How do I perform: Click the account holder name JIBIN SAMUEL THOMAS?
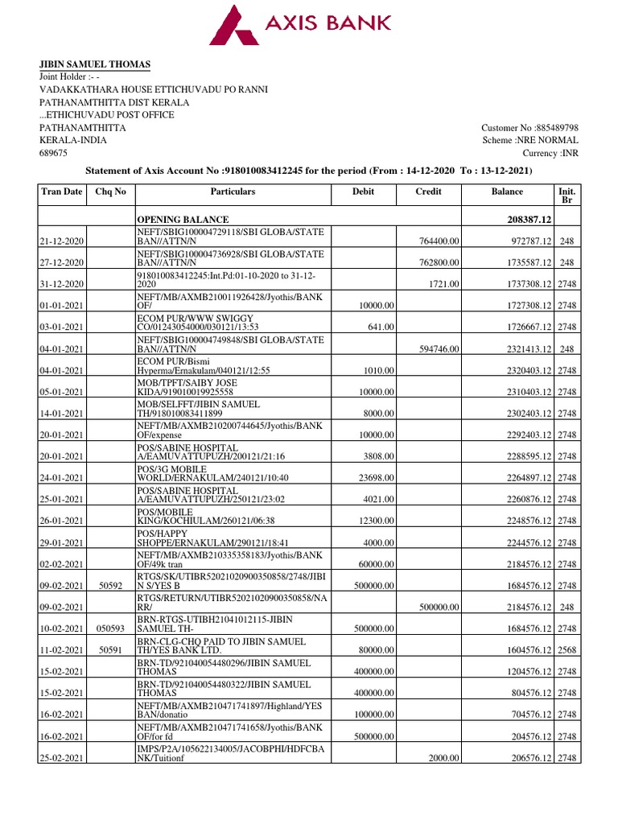[x=95, y=64]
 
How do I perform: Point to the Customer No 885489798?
[x=529, y=128]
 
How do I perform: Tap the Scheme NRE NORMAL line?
[x=530, y=140]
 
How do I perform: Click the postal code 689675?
[x=54, y=153]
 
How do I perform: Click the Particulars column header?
[x=233, y=192]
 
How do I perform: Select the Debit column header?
[x=364, y=192]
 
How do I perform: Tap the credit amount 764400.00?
[x=439, y=241]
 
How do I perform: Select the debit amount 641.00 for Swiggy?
[x=382, y=328]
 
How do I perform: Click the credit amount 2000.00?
[x=445, y=758]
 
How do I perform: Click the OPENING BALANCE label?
[x=183, y=220]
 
